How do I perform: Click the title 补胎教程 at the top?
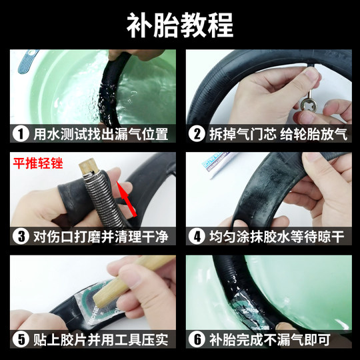(x=180, y=25)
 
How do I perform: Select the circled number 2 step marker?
(x=197, y=133)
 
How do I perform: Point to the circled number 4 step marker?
(x=197, y=236)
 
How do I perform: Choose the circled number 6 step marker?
(x=197, y=339)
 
